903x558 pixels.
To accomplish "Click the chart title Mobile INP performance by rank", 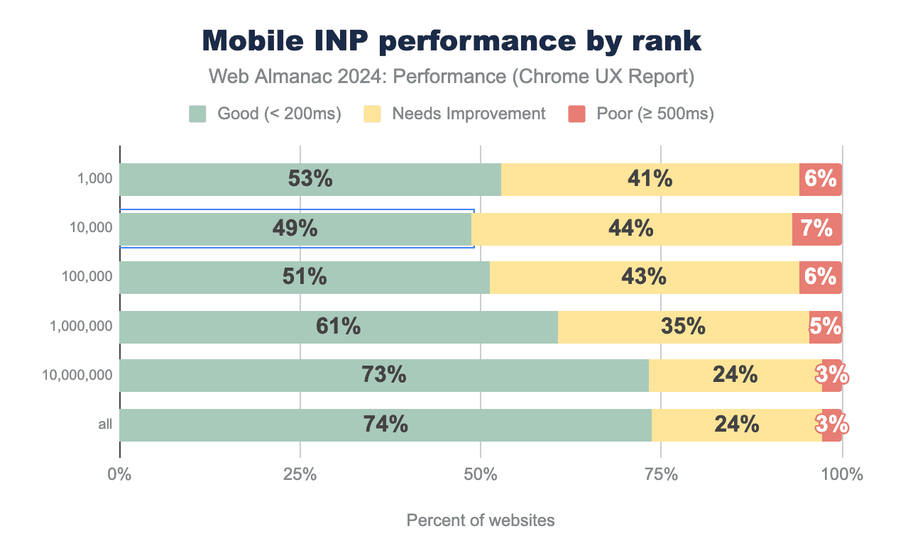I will pos(451,41).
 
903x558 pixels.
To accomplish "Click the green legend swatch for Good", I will pos(197,114).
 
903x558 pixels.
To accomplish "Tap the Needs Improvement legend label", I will pos(468,114).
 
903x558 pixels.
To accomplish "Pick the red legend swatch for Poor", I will pos(576,114).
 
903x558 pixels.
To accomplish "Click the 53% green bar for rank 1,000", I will pos(310,180).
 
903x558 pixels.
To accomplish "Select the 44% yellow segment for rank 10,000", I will pos(631,229).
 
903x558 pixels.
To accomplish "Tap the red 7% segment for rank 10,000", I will pos(816,229).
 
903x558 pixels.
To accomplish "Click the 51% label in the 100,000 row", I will pos(305,277).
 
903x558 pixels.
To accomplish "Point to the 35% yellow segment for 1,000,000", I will pos(683,327).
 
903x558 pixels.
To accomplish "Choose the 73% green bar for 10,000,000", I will pos(384,375).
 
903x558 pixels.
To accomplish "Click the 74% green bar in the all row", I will pos(385,425).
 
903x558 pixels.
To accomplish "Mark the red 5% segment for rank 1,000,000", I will pos(825,327).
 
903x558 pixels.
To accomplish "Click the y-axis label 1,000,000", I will pos(81,327).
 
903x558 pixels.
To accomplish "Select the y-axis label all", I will pos(105,425).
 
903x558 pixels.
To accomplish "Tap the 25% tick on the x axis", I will pos(300,474).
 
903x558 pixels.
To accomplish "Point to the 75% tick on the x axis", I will pos(661,474).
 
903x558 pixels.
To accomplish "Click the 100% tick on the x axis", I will pos(842,474).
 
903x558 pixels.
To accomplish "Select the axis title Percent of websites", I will pos(481,520).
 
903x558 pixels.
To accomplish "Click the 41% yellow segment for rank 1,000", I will pos(650,180).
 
